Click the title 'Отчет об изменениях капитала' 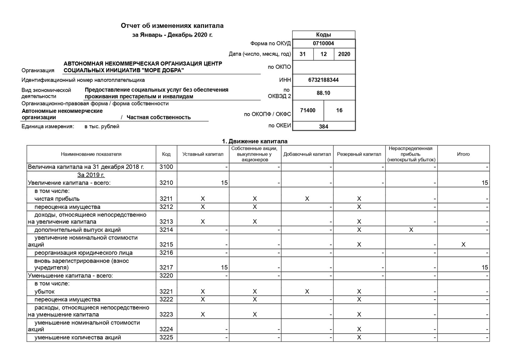(x=172, y=26)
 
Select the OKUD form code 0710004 (x=323, y=43)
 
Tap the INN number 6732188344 (x=323, y=80)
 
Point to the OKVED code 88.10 (x=323, y=93)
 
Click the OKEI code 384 (x=324, y=126)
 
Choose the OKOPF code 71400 (x=308, y=110)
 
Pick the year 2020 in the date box (x=344, y=54)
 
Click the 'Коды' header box (x=323, y=35)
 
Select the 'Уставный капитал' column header (x=203, y=154)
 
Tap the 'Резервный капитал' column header (x=359, y=154)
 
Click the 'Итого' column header (x=463, y=154)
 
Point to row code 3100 (x=166, y=167)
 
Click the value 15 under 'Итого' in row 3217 (x=485, y=267)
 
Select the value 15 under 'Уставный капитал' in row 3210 (x=224, y=183)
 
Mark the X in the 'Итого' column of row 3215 (x=463, y=244)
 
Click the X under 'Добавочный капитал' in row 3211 (x=307, y=199)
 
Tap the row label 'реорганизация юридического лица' (x=83, y=253)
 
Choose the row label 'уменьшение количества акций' (x=78, y=337)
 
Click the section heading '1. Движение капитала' (x=255, y=141)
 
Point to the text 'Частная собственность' (x=158, y=117)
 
